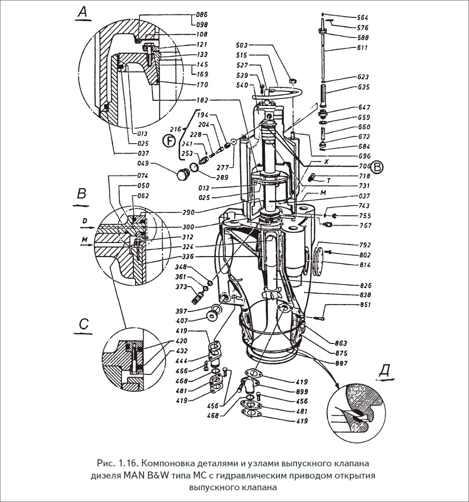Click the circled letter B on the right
click(x=378, y=167)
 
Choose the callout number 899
click(x=302, y=391)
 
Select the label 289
click(x=222, y=178)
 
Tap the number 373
click(x=182, y=287)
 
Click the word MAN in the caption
click(x=135, y=475)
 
